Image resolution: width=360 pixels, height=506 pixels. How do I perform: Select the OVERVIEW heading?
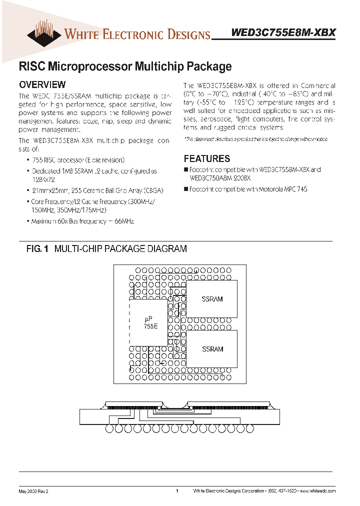[42, 85]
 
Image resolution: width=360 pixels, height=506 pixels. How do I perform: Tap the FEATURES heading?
[207, 158]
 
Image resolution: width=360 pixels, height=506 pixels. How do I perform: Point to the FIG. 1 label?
[37, 248]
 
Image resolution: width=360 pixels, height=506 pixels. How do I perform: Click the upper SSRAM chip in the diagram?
[212, 299]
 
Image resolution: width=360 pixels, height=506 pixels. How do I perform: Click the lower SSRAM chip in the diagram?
[212, 349]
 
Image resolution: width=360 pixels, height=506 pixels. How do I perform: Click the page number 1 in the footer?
[177, 491]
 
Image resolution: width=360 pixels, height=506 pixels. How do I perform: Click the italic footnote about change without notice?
[256, 139]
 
